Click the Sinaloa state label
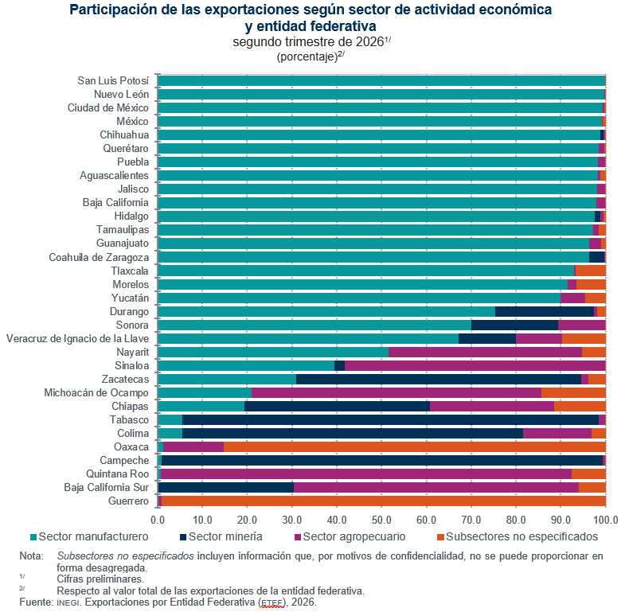pos(132,365)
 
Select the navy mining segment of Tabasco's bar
pos(390,419)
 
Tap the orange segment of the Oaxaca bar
pos(415,446)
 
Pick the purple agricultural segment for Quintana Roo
pos(366,474)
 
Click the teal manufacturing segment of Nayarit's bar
pos(273,352)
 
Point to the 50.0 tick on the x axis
pos(381,520)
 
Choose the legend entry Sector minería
pos(221,536)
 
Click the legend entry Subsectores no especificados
pos(517,536)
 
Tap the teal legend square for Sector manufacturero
pos(33,537)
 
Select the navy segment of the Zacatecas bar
pos(439,379)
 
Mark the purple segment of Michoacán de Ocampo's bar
pos(396,392)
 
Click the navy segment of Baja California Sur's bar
pos(226,487)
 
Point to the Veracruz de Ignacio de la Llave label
pos(78,338)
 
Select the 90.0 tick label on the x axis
pos(560,520)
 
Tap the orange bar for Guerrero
pos(384,501)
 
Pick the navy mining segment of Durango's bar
pos(545,311)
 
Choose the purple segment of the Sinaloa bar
pos(475,365)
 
